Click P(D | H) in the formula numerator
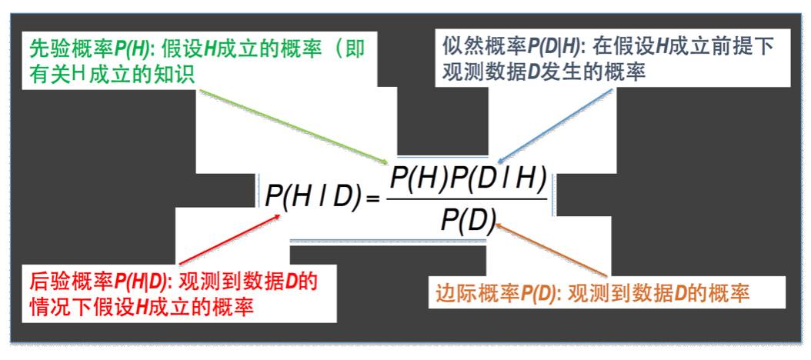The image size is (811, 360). (505, 182)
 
